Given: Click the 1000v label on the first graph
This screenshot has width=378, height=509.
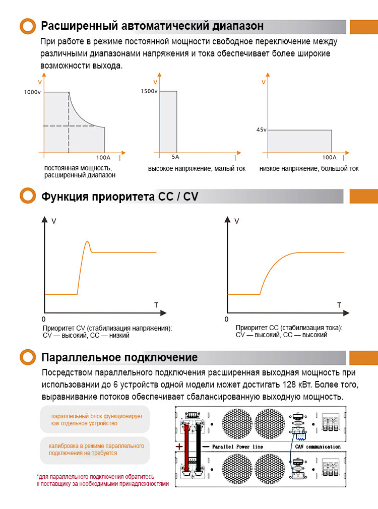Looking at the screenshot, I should click(32, 92).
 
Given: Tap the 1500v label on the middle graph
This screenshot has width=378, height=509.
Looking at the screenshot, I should click(150, 91).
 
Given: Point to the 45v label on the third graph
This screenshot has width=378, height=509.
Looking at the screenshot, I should click(261, 130).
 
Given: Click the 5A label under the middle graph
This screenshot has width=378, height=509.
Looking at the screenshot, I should click(175, 157).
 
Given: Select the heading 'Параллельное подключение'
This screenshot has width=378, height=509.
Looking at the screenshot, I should click(119, 358).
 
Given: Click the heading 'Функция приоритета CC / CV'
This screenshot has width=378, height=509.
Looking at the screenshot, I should click(119, 197).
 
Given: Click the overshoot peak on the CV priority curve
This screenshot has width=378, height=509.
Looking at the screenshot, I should click(88, 242).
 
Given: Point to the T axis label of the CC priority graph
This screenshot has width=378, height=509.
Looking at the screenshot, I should click(339, 305).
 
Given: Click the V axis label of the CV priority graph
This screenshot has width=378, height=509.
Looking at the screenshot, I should click(54, 221).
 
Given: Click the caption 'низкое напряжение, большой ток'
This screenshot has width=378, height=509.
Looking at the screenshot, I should click(309, 169).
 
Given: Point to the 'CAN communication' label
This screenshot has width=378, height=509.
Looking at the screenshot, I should click(318, 447).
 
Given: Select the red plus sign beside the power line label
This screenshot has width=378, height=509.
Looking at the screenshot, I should click(179, 447).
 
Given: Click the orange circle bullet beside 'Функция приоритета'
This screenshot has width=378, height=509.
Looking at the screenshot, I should click(27, 197).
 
